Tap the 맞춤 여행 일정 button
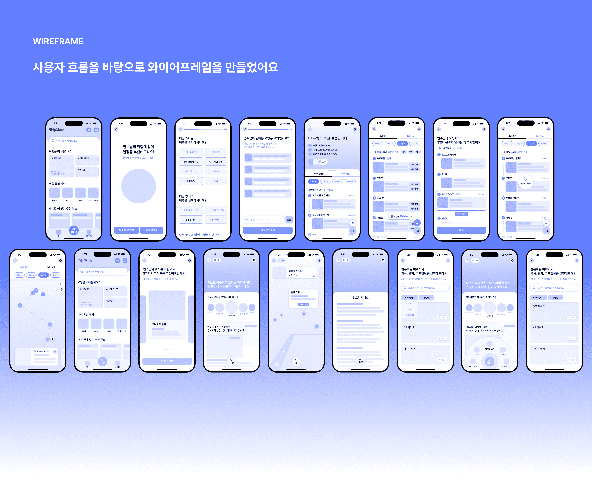(126, 230)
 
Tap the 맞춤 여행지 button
(151, 230)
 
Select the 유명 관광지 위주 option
(191, 162)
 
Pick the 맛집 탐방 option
(191, 181)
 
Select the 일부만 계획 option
(191, 220)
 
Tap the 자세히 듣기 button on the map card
(304, 304)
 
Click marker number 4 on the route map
(20, 305)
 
